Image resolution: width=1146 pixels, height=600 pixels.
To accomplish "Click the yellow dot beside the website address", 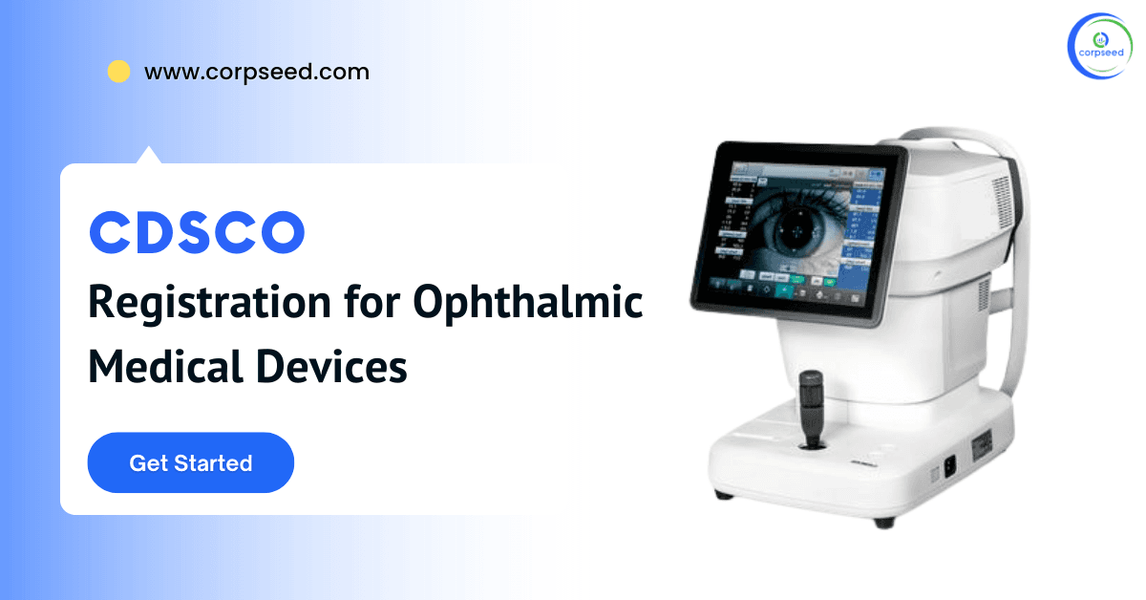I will click(118, 72).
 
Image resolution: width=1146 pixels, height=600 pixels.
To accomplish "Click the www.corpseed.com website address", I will click(256, 72).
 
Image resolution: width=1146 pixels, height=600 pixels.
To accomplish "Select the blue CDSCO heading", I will click(197, 233).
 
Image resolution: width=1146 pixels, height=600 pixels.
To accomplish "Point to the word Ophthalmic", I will click(527, 305).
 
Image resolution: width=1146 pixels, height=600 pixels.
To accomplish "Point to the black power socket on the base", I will click(948, 467).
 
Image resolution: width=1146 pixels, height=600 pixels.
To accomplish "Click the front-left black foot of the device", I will click(724, 496).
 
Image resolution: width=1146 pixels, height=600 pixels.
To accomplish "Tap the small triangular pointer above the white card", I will click(148, 155).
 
